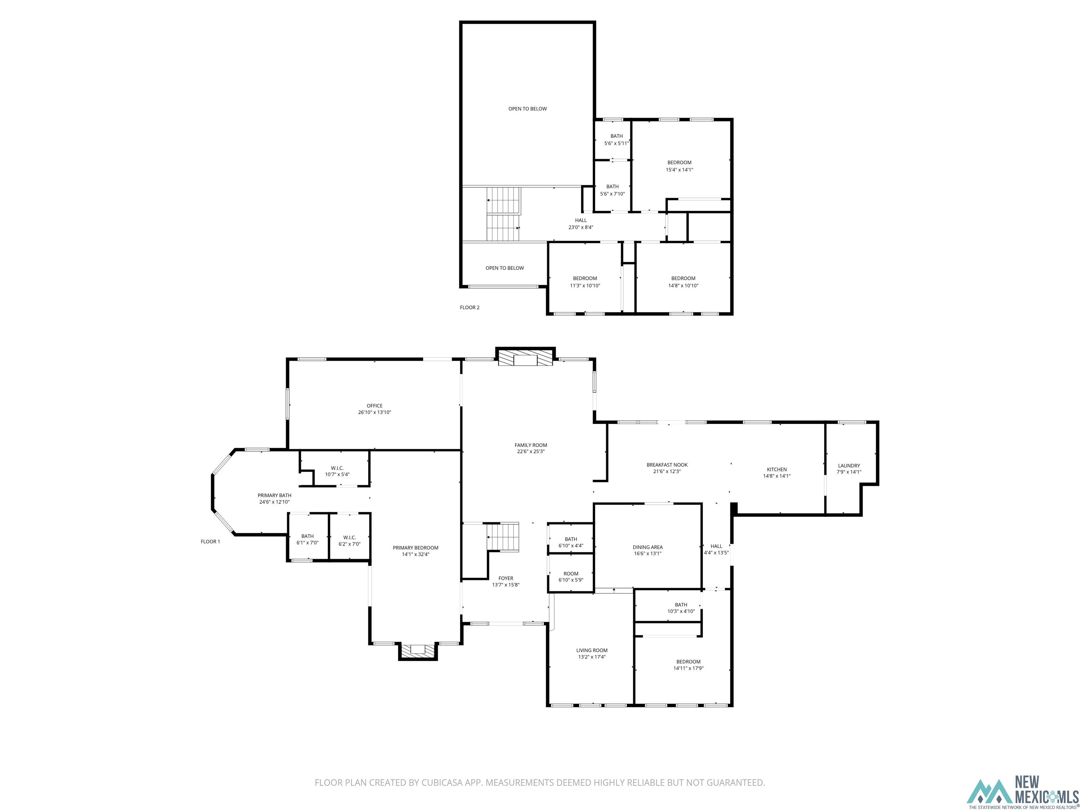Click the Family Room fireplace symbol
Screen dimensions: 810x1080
pos(525,358)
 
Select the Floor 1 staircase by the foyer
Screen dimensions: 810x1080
pos(502,536)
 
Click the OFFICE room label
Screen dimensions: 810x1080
pos(374,406)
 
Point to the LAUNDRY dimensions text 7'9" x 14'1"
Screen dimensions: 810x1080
pos(849,472)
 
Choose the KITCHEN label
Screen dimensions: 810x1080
pos(776,469)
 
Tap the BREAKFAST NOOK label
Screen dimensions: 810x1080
pos(667,465)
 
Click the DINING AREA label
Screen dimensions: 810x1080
pos(648,547)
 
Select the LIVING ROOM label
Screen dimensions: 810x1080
pos(591,650)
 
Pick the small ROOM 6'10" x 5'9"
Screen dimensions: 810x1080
pos(571,577)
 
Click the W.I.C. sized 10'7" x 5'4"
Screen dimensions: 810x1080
pos(337,471)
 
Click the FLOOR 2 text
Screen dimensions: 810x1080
pos(469,308)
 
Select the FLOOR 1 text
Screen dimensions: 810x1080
pos(211,541)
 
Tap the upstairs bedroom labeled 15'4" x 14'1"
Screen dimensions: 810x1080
pos(679,166)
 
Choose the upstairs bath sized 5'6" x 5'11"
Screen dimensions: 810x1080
pos(616,140)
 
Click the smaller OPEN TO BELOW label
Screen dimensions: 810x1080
pos(504,268)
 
